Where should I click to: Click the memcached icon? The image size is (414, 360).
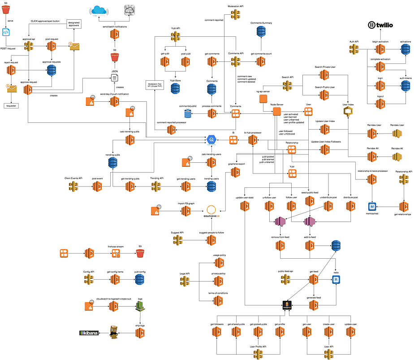[371, 207]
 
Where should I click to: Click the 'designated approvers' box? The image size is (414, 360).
[77, 24]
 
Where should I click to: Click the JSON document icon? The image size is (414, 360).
[115, 78]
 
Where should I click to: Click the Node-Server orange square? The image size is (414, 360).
[277, 111]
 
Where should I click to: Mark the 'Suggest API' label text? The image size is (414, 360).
[177, 233]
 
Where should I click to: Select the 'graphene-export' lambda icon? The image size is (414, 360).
[236, 172]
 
